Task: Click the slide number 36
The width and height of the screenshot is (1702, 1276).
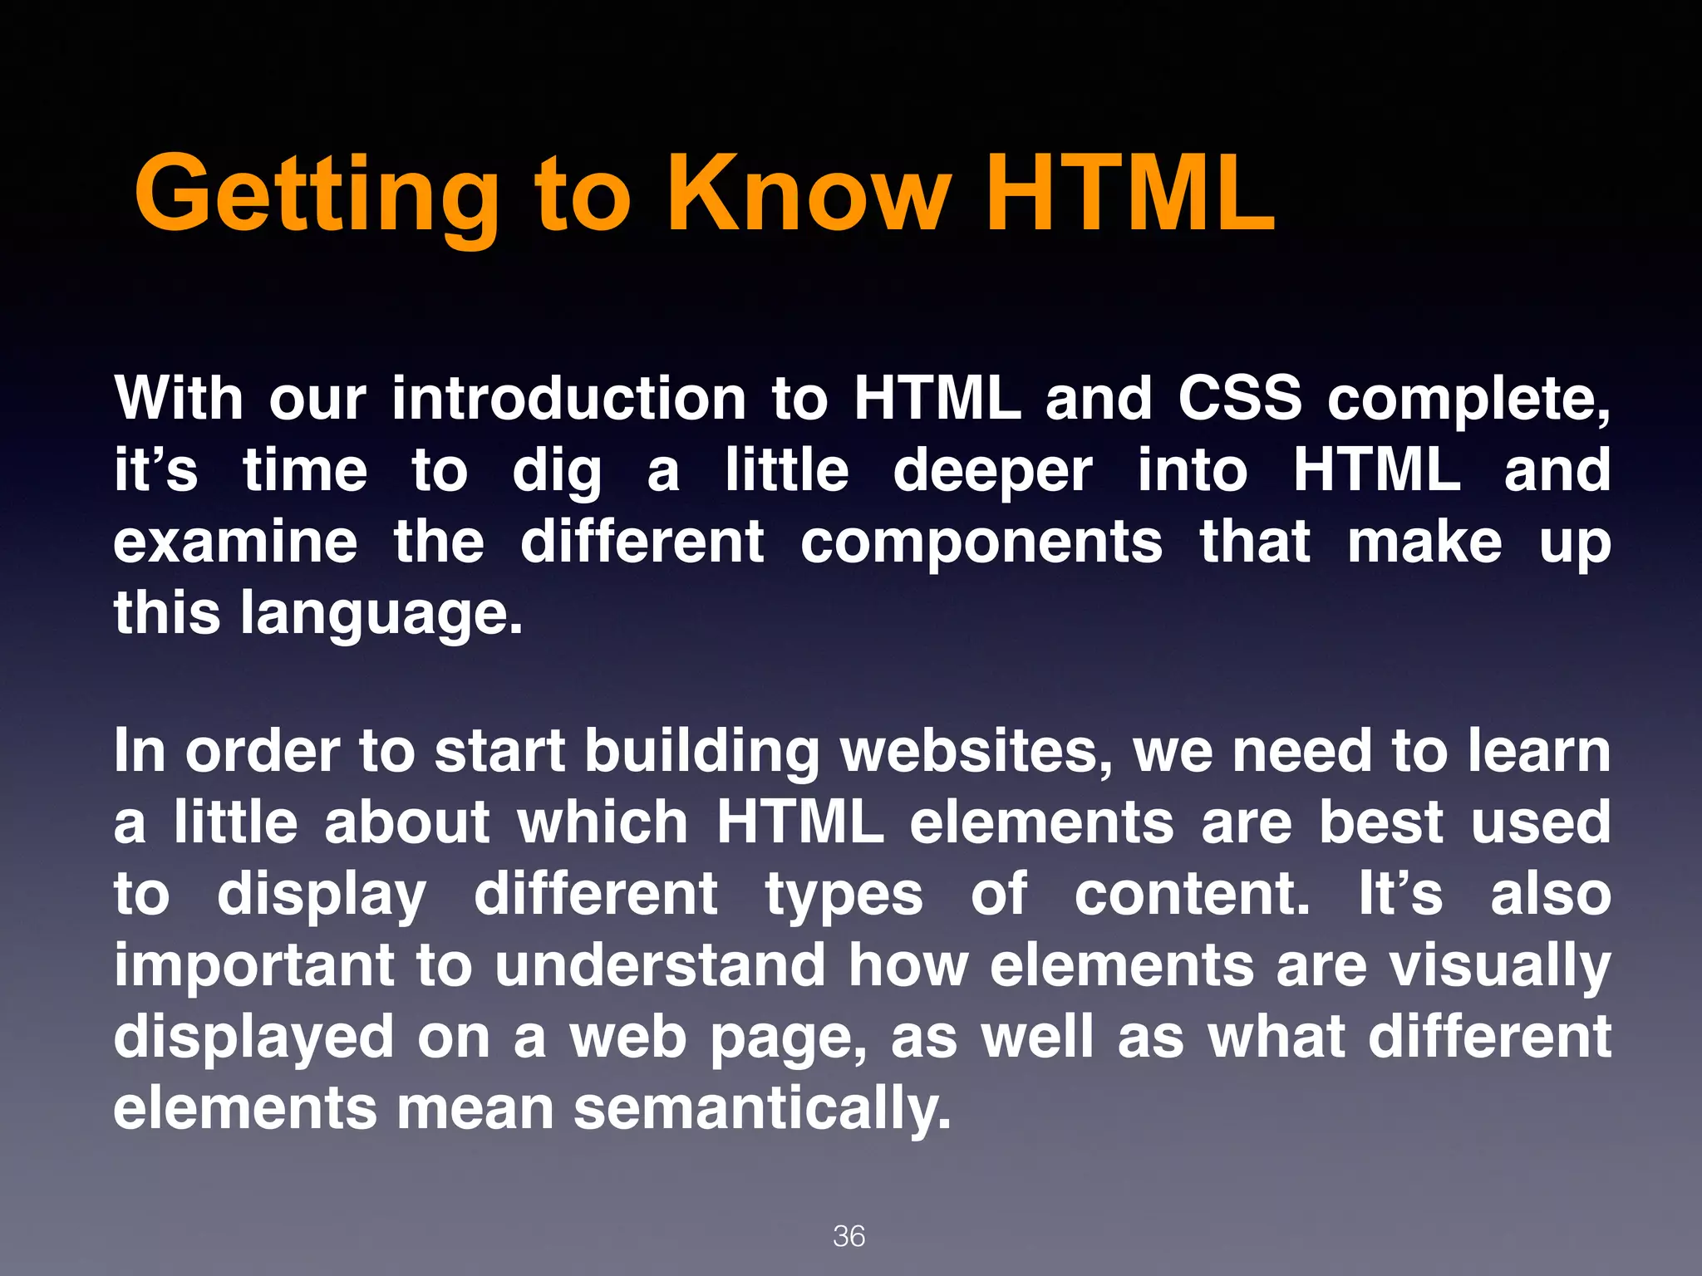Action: point(849,1236)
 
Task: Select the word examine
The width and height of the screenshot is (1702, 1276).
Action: point(235,542)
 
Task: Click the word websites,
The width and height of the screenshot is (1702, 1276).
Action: point(976,751)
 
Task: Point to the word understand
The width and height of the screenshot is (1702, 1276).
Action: point(660,965)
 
